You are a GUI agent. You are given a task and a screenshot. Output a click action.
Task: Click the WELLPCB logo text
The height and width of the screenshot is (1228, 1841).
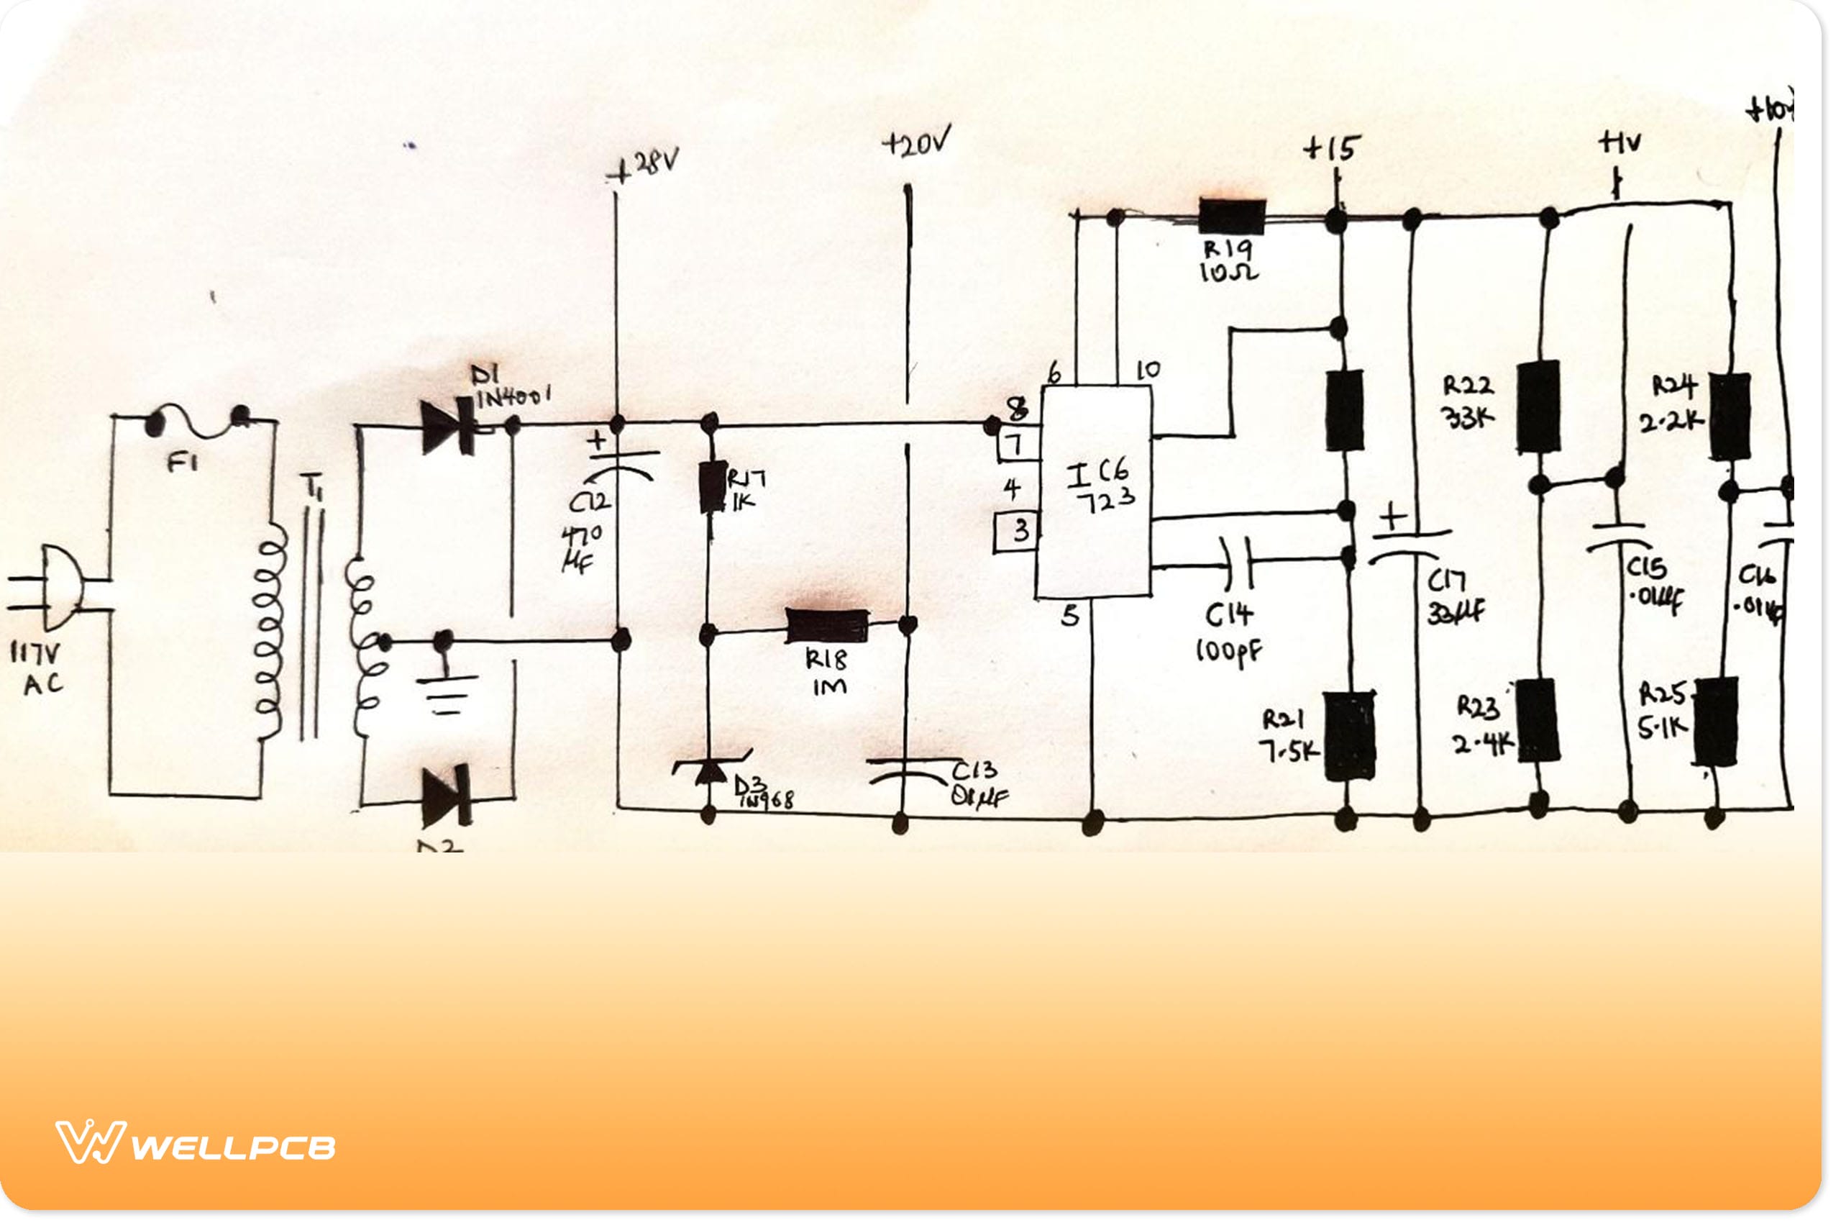[x=233, y=1148]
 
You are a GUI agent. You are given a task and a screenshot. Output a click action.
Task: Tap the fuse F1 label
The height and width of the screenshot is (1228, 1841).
[x=183, y=463]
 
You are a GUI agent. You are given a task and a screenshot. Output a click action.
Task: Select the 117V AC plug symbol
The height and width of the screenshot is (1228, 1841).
[x=59, y=588]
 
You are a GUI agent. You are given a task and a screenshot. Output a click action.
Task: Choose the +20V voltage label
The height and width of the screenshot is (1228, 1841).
[x=915, y=142]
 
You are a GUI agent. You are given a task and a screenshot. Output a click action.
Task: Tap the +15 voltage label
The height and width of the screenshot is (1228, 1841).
[x=1333, y=147]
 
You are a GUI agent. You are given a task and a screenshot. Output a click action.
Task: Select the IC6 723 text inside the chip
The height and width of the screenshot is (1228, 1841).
[x=1100, y=486]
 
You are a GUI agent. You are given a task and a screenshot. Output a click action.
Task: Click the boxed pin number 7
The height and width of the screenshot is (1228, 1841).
[x=1016, y=445]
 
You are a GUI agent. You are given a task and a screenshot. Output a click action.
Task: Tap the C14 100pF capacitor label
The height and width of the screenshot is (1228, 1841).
[x=1229, y=632]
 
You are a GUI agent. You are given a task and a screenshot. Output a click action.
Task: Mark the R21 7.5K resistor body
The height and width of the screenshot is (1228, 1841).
[x=1349, y=735]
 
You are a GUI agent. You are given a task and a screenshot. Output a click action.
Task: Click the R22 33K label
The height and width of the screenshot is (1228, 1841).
[x=1468, y=401]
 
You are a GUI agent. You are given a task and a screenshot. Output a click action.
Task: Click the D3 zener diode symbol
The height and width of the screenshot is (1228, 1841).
[x=711, y=769]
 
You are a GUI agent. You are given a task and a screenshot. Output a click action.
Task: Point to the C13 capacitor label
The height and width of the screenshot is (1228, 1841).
[x=977, y=783]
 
